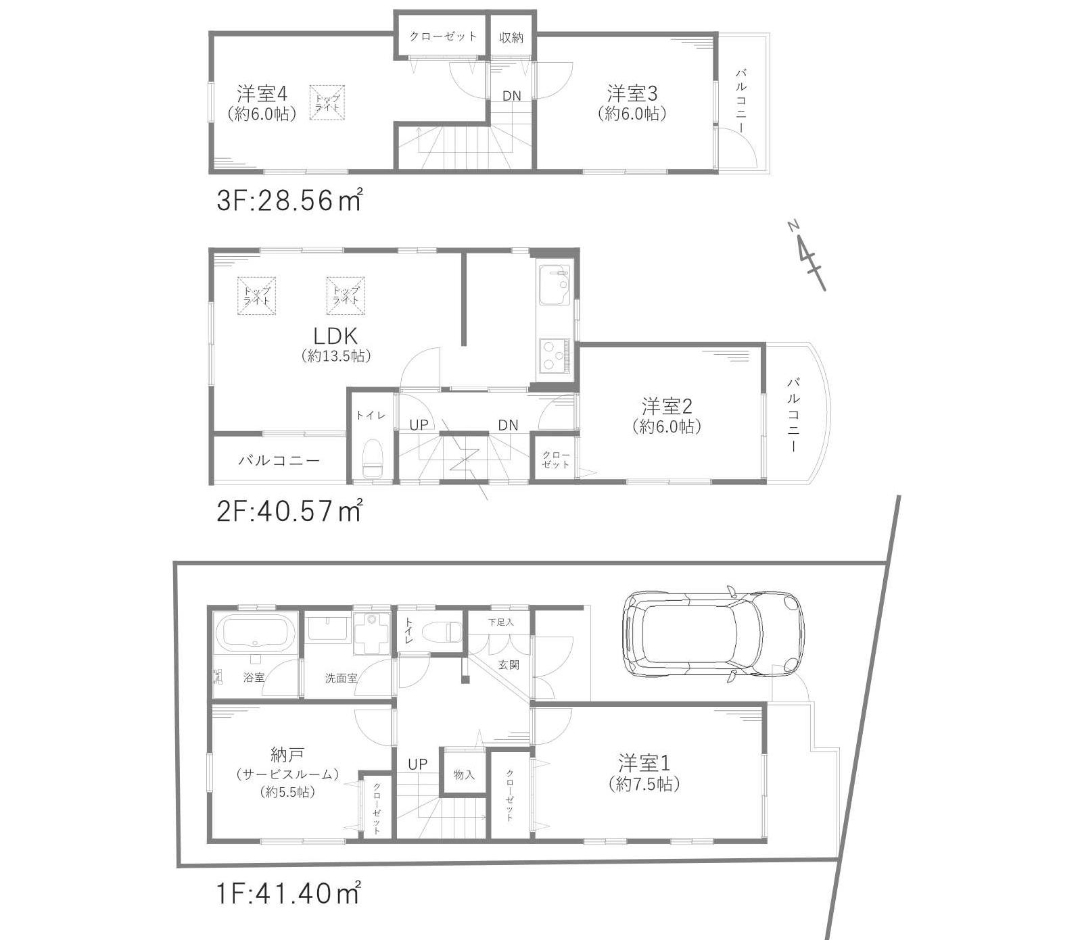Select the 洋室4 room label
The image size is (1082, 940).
262,93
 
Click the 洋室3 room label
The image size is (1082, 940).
632,93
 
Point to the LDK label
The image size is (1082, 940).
335,335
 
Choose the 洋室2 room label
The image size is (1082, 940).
667,406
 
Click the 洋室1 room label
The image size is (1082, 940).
644,763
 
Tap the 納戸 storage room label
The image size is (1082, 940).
287,753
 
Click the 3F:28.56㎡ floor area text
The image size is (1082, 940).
289,200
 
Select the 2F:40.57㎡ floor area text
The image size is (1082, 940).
289,511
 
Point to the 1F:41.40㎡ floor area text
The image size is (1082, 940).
288,894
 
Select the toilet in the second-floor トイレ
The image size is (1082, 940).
372,458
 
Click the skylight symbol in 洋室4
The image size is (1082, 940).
327,103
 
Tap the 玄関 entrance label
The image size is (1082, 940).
509,665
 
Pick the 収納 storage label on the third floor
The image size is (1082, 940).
511,37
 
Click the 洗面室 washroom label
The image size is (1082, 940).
341,678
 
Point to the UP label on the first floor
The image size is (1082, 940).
417,764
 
